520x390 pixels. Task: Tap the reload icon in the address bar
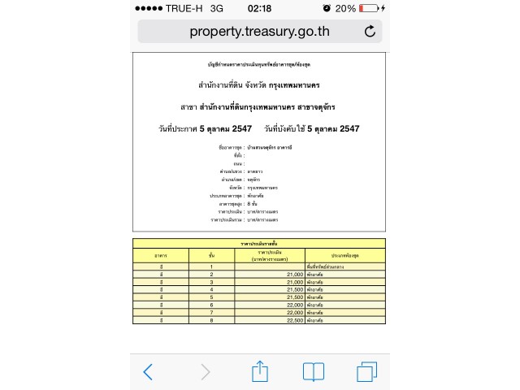370,32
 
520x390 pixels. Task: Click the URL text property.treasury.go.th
259,32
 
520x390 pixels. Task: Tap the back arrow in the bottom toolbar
148,372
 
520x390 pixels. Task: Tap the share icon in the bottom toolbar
260,371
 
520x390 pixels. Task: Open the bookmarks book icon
314,372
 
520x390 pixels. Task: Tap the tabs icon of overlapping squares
366,372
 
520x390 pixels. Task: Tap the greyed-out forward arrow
206,372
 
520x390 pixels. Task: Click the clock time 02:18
259,8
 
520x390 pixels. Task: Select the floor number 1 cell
211,266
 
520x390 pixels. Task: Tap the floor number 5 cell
211,297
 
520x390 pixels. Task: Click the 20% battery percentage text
344,8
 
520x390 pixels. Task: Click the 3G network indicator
216,8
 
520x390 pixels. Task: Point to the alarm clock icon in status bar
326,8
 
